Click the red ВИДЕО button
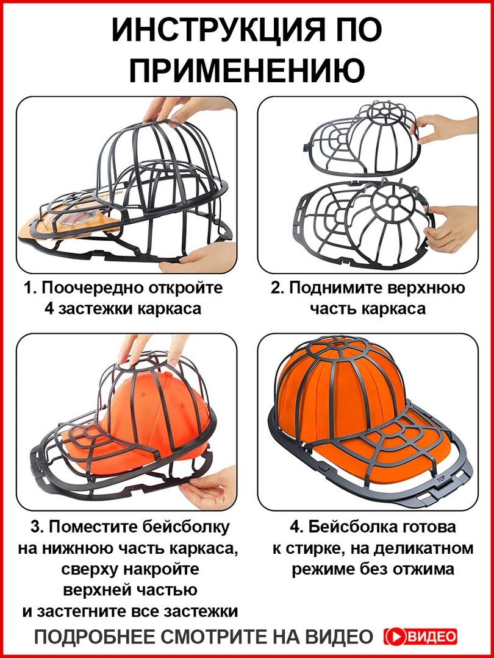tap(421, 637)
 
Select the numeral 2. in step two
tap(278, 288)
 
